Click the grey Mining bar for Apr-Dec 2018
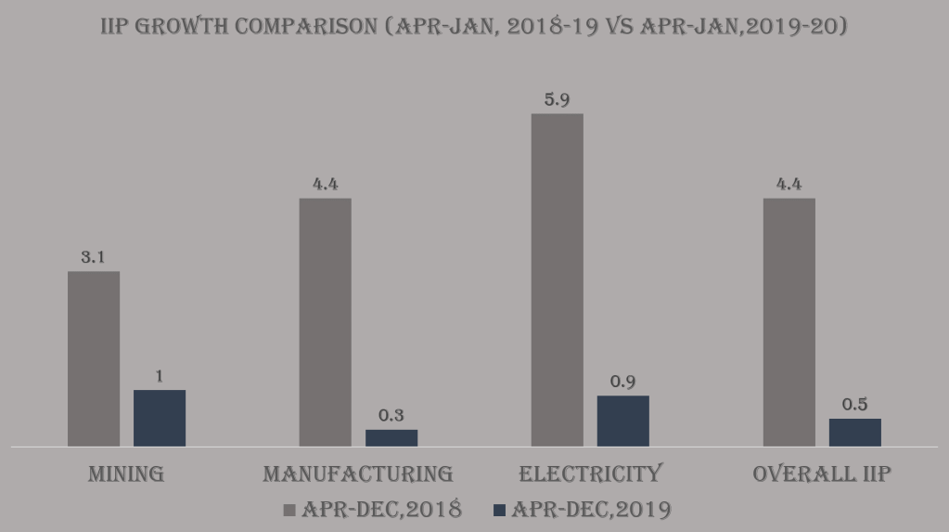click(94, 358)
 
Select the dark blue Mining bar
click(160, 418)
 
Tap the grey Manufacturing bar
click(326, 322)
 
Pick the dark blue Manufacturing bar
click(391, 437)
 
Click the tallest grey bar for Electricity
click(557, 279)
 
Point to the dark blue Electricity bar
click(622, 421)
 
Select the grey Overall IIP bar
click(789, 322)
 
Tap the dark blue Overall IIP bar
click(854, 432)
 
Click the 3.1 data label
click(93, 257)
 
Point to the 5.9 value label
click(557, 99)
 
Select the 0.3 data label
click(391, 415)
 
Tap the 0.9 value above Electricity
click(622, 382)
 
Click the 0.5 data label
click(854, 405)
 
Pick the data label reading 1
click(160, 376)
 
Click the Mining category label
click(126, 474)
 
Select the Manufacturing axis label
click(358, 474)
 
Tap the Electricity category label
click(590, 474)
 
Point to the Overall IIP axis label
click(822, 474)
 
